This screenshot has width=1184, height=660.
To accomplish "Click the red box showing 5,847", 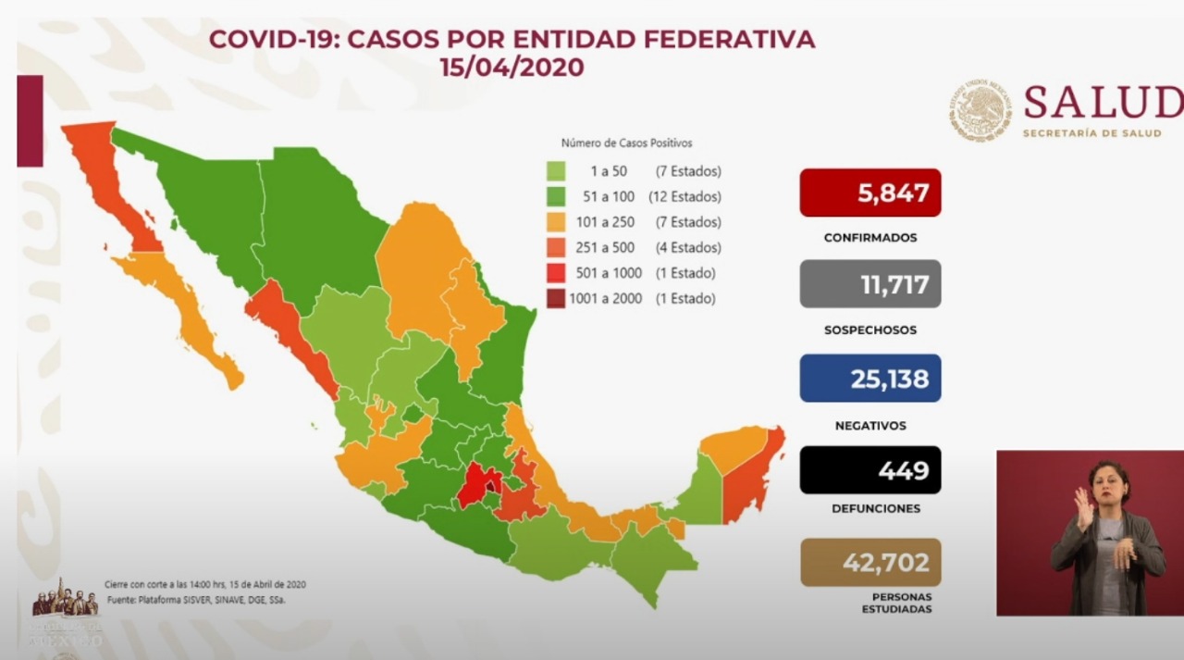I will [x=869, y=193].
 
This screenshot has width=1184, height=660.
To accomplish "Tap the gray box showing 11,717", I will [x=869, y=284].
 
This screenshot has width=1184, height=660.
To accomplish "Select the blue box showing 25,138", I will [x=869, y=378].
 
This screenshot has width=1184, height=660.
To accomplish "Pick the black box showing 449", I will [x=869, y=470].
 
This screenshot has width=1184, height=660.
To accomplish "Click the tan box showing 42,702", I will [x=869, y=562].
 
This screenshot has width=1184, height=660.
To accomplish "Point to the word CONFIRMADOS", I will [x=869, y=238].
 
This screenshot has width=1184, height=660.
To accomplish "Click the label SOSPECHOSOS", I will [x=869, y=330].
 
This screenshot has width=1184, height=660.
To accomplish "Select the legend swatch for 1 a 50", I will [x=556, y=171].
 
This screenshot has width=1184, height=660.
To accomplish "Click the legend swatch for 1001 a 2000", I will [x=556, y=299].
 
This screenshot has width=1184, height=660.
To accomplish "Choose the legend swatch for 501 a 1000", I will [x=556, y=273].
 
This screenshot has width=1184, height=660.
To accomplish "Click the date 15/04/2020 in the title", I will [x=512, y=68].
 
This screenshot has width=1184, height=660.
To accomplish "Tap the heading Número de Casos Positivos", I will [x=626, y=143].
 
